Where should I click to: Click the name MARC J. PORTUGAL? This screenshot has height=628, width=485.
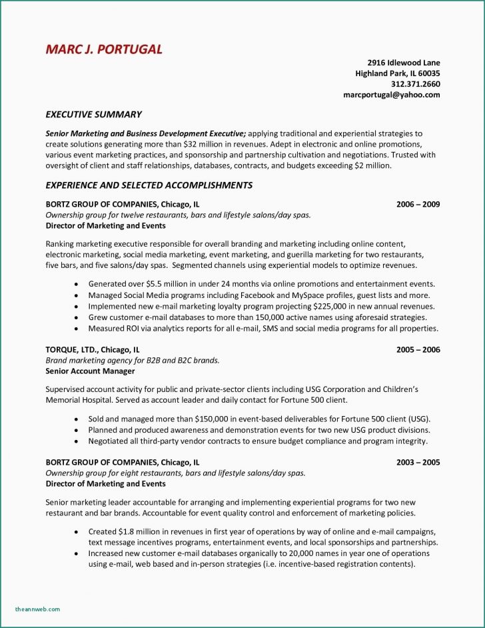[x=104, y=49]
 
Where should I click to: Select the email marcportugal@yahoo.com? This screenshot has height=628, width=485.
[x=392, y=95]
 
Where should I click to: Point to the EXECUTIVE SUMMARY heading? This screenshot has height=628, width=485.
[x=93, y=115]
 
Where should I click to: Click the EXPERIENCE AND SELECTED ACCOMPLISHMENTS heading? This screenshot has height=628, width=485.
[x=149, y=185]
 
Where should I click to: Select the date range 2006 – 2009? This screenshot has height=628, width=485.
[x=418, y=204]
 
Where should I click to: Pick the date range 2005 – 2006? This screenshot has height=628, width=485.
[x=418, y=349]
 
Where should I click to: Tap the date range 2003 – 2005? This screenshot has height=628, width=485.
[x=418, y=461]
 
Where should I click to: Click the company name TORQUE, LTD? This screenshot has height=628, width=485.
[x=72, y=349]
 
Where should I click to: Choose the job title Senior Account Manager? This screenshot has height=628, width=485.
[x=90, y=371]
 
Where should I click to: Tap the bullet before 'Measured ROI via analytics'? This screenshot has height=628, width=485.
[x=77, y=329]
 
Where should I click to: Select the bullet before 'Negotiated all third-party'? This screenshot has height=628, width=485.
[x=77, y=441]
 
